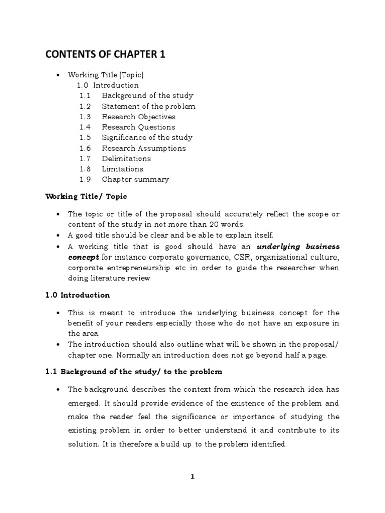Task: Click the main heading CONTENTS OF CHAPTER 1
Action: (106, 54)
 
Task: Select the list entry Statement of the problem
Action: (148, 106)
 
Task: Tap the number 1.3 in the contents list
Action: (85, 117)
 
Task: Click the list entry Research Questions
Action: (138, 127)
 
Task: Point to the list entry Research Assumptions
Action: (143, 148)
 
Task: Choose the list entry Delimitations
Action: (126, 159)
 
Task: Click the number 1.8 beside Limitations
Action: (85, 169)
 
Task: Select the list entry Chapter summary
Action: (135, 180)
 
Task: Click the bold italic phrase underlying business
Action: (298, 247)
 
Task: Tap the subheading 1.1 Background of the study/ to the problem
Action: (134, 372)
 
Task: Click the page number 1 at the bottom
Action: (192, 477)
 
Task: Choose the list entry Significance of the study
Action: (147, 138)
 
